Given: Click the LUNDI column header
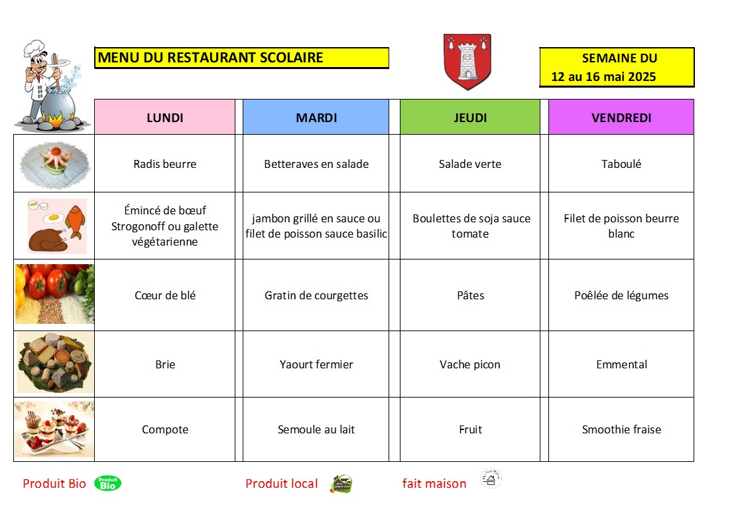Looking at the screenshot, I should click(164, 117).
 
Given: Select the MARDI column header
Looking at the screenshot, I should click(316, 117).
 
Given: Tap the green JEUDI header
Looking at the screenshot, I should click(470, 117).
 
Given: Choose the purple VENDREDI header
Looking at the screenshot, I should click(621, 117).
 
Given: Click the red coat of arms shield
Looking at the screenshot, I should click(467, 61).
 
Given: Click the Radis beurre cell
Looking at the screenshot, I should click(164, 164).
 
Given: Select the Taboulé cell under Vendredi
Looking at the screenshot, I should click(621, 164).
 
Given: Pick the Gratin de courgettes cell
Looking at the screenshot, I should click(316, 295).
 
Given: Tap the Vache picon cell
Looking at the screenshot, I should click(470, 364).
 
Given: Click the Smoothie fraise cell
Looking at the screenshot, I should click(621, 429).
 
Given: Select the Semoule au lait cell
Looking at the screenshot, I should click(316, 429).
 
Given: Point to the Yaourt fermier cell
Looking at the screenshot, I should click(316, 364).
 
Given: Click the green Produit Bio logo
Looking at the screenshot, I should click(107, 483).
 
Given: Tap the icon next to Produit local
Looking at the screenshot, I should click(341, 484).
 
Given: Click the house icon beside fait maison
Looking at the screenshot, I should click(491, 479).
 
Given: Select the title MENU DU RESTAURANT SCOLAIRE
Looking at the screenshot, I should click(211, 58).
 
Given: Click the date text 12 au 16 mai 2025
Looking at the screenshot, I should click(603, 77).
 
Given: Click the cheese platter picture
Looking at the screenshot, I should click(54, 363).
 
